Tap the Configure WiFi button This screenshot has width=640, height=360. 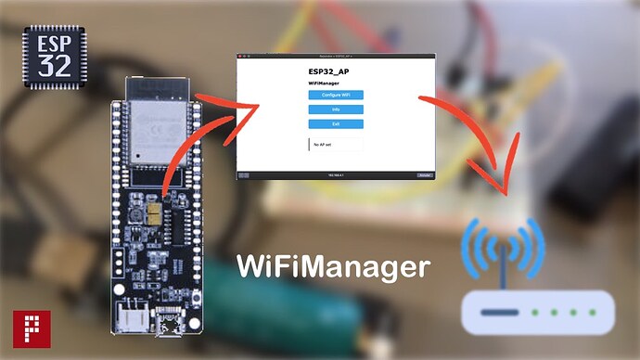[336, 95]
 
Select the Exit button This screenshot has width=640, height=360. [336, 123]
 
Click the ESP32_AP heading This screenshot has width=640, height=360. [328, 70]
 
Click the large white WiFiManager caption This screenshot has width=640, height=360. [334, 267]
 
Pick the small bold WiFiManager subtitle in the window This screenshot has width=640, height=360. [325, 84]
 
